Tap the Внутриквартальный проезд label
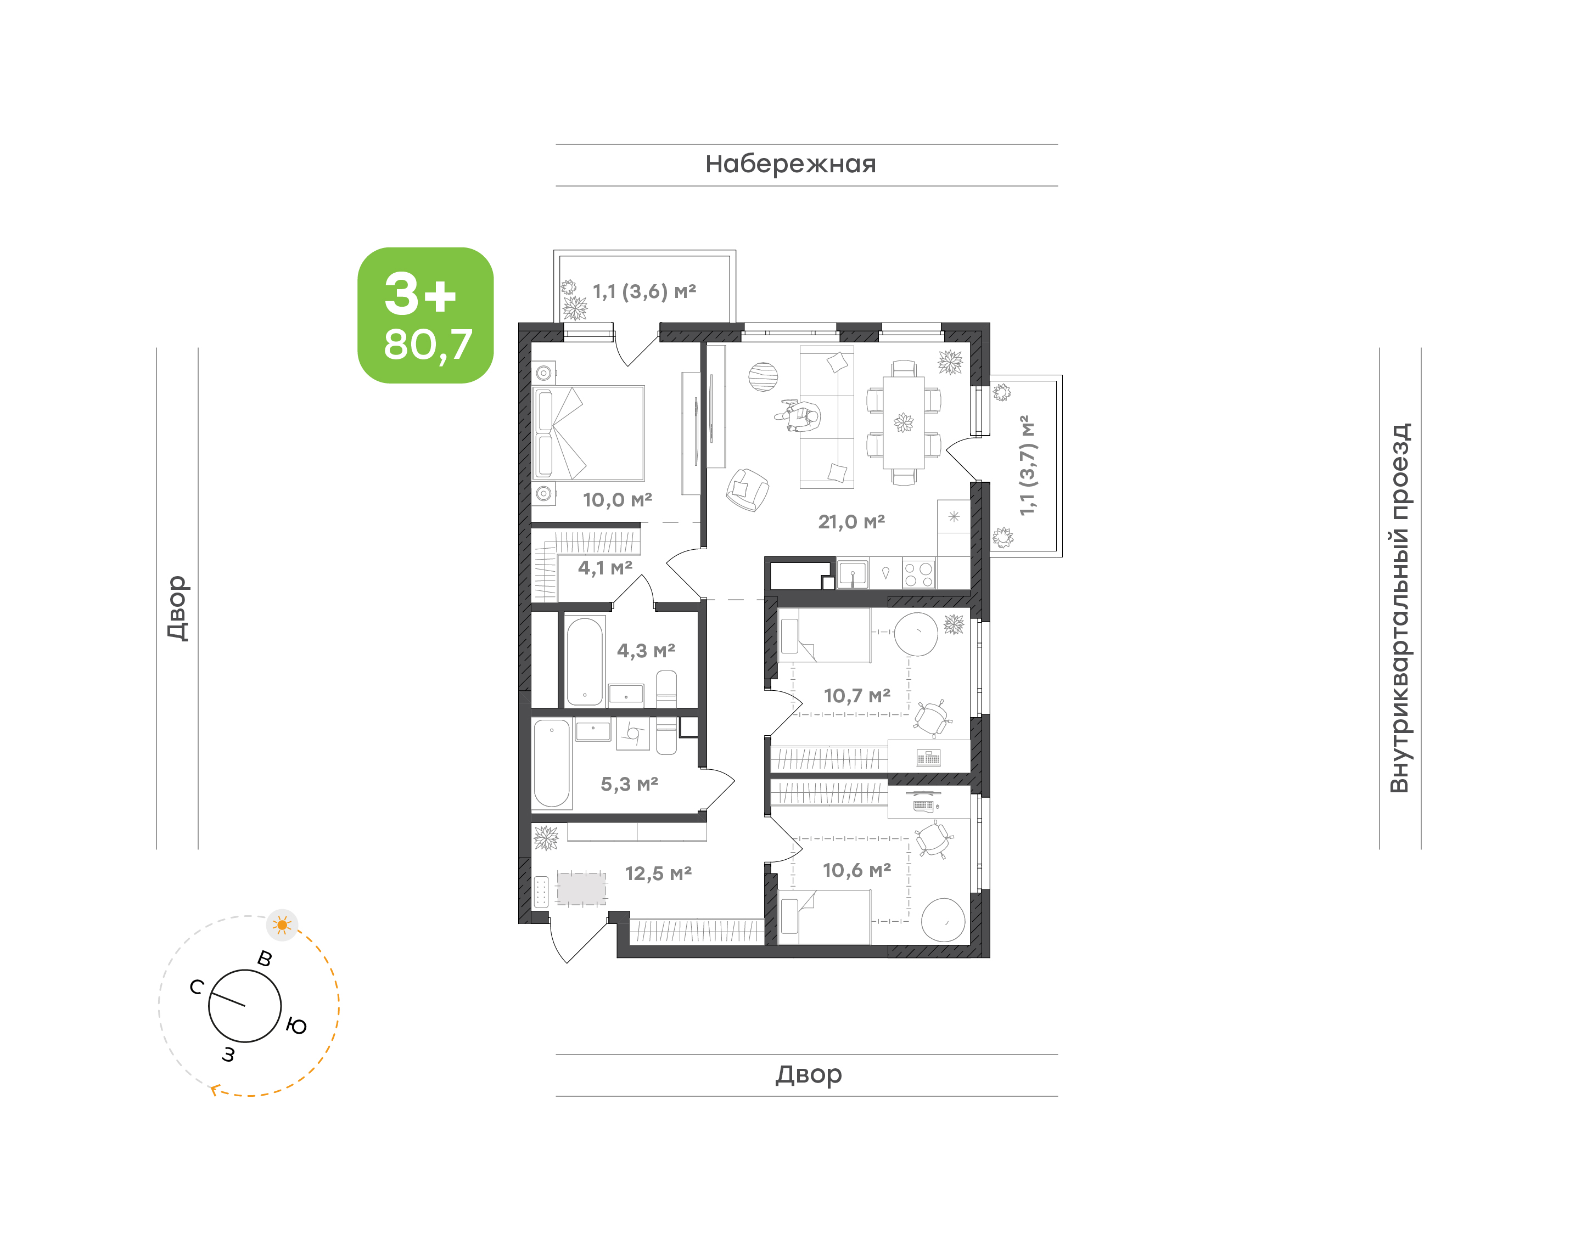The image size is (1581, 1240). pos(1399,608)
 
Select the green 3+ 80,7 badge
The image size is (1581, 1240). pos(425,315)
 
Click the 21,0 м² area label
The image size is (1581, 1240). pos(851,521)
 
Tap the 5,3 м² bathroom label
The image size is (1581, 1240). pos(629,784)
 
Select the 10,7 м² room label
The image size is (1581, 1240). pos(857,696)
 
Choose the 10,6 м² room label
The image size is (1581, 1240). pos(857,870)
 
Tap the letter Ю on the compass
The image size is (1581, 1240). pos(296,1026)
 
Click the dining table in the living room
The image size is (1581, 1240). pos(904,422)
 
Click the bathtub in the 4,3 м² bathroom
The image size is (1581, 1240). pos(585,661)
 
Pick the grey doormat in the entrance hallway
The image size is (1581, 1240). pos(581,889)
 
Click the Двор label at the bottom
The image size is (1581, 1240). pos(808,1074)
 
